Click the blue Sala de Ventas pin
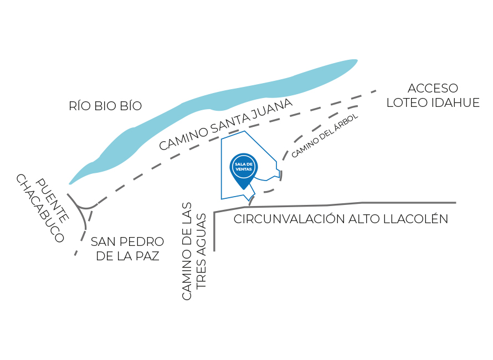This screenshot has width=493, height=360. pyautogui.click(x=243, y=168)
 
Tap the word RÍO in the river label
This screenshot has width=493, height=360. pyautogui.click(x=80, y=106)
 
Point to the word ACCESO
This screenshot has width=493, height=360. pyautogui.click(x=433, y=89)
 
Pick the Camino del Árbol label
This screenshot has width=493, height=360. pyautogui.click(x=325, y=136)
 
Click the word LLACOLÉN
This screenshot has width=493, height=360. pyautogui.click(x=416, y=219)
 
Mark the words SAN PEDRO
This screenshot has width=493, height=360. pyautogui.click(x=127, y=242)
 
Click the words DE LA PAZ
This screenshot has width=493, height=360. pyautogui.click(x=127, y=256)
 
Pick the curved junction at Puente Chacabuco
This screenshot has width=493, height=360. pyautogui.click(x=83, y=207)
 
